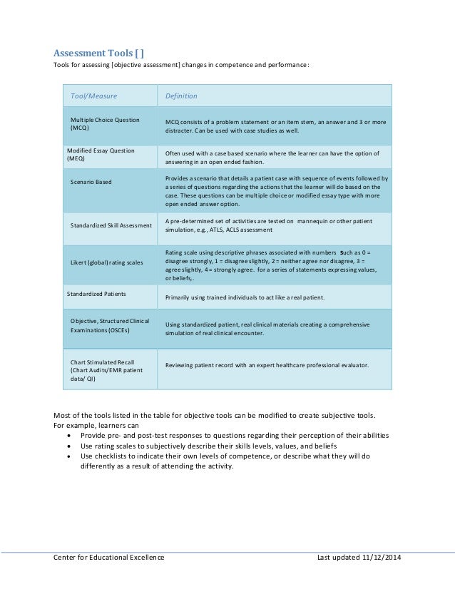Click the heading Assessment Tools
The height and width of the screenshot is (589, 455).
click(x=103, y=52)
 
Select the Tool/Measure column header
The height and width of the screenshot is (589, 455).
click(x=93, y=96)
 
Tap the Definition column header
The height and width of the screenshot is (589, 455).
click(x=181, y=96)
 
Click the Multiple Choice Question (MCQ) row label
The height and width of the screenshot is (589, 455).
click(x=105, y=124)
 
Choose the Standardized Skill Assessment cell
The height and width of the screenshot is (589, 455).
click(x=111, y=225)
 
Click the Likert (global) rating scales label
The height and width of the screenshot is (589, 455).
click(x=106, y=263)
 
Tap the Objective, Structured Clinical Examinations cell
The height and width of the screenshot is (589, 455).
click(x=110, y=327)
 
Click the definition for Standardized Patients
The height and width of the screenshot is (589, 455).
click(x=245, y=296)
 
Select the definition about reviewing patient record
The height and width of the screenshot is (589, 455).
click(x=267, y=366)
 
